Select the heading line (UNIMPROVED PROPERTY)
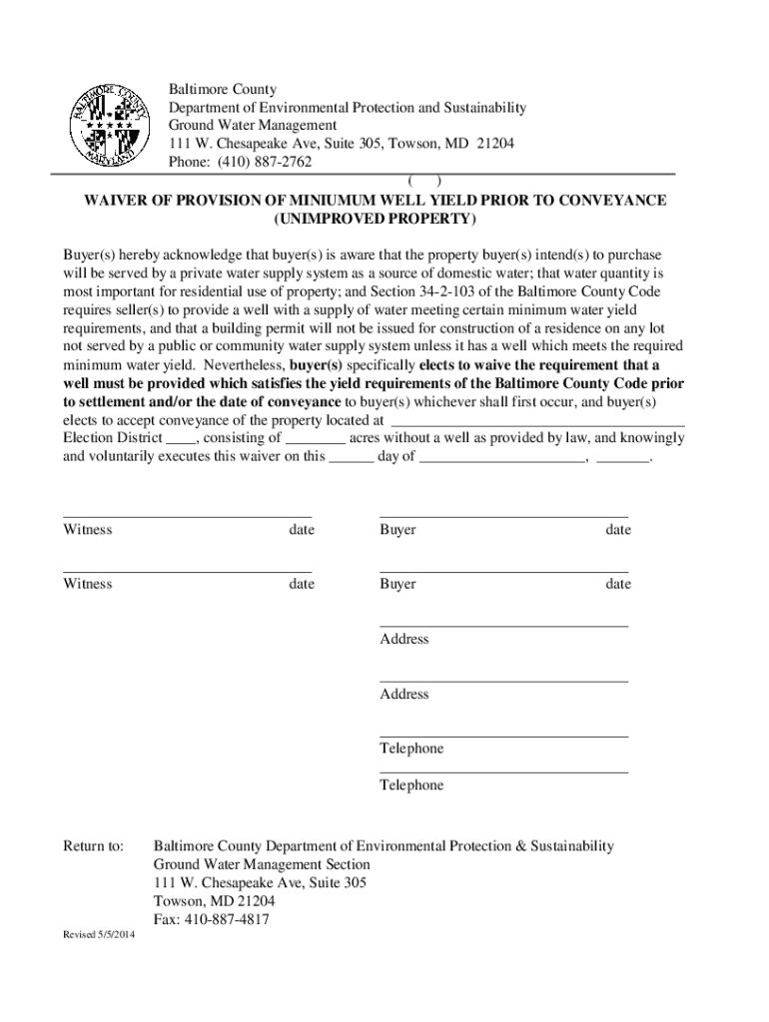[375, 219]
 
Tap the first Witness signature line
[187, 516]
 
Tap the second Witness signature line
[187, 571]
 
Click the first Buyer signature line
[503, 516]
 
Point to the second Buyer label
[397, 584]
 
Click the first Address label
[403, 639]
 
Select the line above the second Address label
[503, 681]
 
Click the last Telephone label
[411, 785]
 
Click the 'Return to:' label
[93, 846]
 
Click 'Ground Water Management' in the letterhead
[252, 126]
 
